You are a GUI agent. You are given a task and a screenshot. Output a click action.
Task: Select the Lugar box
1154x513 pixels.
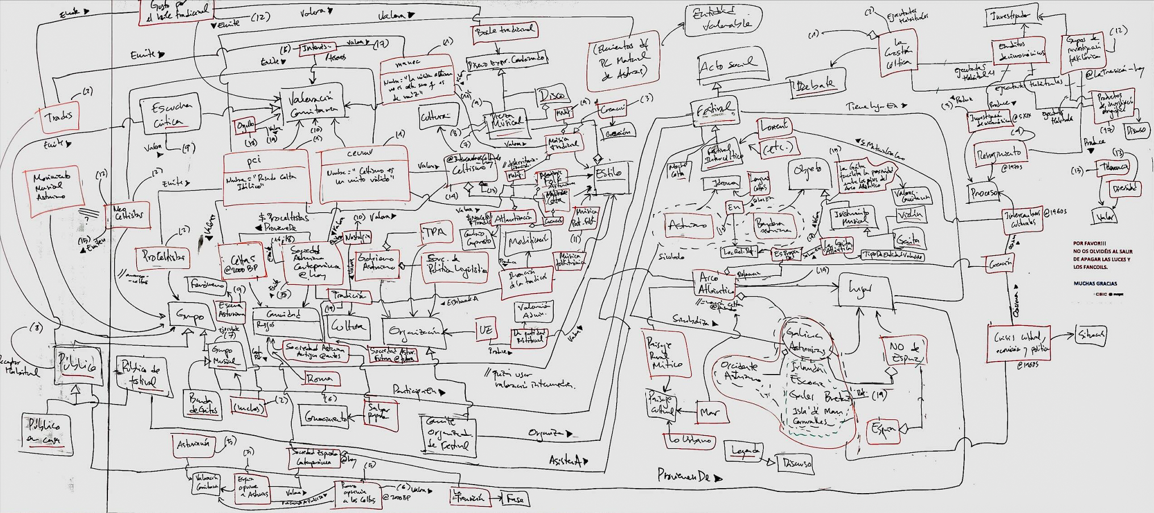pyautogui.click(x=864, y=289)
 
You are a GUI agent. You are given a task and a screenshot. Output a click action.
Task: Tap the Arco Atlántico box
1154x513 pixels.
pyautogui.click(x=713, y=283)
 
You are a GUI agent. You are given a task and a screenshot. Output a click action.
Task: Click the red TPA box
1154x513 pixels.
pyautogui.click(x=434, y=232)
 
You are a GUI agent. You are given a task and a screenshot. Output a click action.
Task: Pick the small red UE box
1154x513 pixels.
pyautogui.click(x=486, y=330)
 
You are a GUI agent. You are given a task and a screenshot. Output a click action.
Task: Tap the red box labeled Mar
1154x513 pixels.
pyautogui.click(x=710, y=413)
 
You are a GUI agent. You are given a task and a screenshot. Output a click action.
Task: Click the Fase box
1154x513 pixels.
pyautogui.click(x=515, y=499)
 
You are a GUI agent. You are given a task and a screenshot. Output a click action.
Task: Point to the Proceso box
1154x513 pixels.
pyautogui.click(x=985, y=194)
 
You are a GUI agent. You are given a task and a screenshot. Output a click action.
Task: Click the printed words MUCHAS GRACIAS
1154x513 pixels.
pyautogui.click(x=1095, y=283)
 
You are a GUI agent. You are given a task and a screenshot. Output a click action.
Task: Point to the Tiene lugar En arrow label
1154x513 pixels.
pyautogui.click(x=875, y=106)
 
